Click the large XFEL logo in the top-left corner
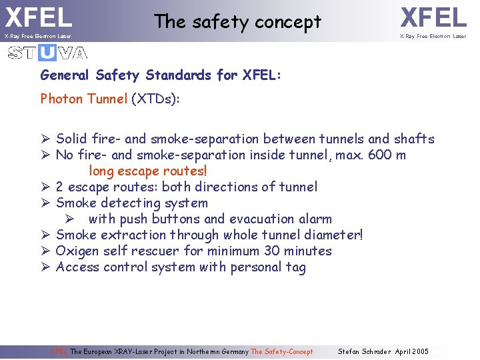click(x=38, y=17)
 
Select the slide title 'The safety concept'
click(x=237, y=22)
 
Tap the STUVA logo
click(x=47, y=53)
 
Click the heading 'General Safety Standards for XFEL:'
click(x=161, y=75)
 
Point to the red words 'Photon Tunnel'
click(x=83, y=99)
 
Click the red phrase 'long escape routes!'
click(x=148, y=171)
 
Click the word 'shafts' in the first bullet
click(x=414, y=139)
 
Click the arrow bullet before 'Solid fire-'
click(x=45, y=139)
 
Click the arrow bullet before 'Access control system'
click(x=45, y=267)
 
